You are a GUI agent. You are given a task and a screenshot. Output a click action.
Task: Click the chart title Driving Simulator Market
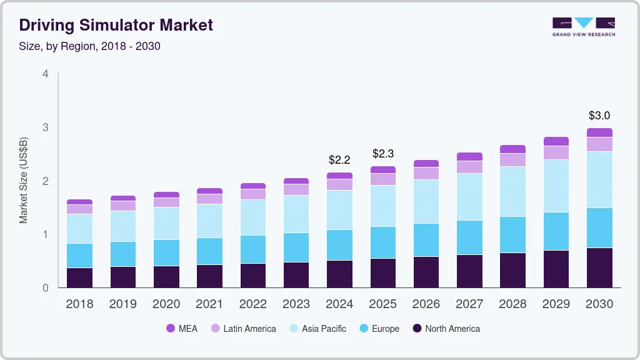click(116, 25)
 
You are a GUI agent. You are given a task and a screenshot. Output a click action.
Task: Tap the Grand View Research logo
click(583, 26)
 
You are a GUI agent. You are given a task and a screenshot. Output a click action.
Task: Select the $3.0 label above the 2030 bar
click(599, 116)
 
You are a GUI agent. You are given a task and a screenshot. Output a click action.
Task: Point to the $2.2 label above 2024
click(339, 160)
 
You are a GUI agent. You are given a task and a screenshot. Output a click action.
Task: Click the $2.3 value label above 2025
click(383, 153)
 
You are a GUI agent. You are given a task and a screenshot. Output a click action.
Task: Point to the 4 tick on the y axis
click(45, 74)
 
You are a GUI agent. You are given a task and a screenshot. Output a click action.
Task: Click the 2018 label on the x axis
click(79, 304)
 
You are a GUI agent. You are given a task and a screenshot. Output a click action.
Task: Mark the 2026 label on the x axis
click(426, 304)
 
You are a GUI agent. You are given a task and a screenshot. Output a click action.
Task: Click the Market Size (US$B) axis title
click(24, 181)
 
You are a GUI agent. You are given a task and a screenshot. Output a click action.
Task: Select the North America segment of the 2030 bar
click(599, 267)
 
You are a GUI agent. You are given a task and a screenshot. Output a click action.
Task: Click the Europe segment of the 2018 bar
click(79, 256)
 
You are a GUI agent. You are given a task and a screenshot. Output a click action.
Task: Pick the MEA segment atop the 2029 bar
click(556, 141)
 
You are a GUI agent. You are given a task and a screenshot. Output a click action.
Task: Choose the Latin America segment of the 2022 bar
click(252, 194)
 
